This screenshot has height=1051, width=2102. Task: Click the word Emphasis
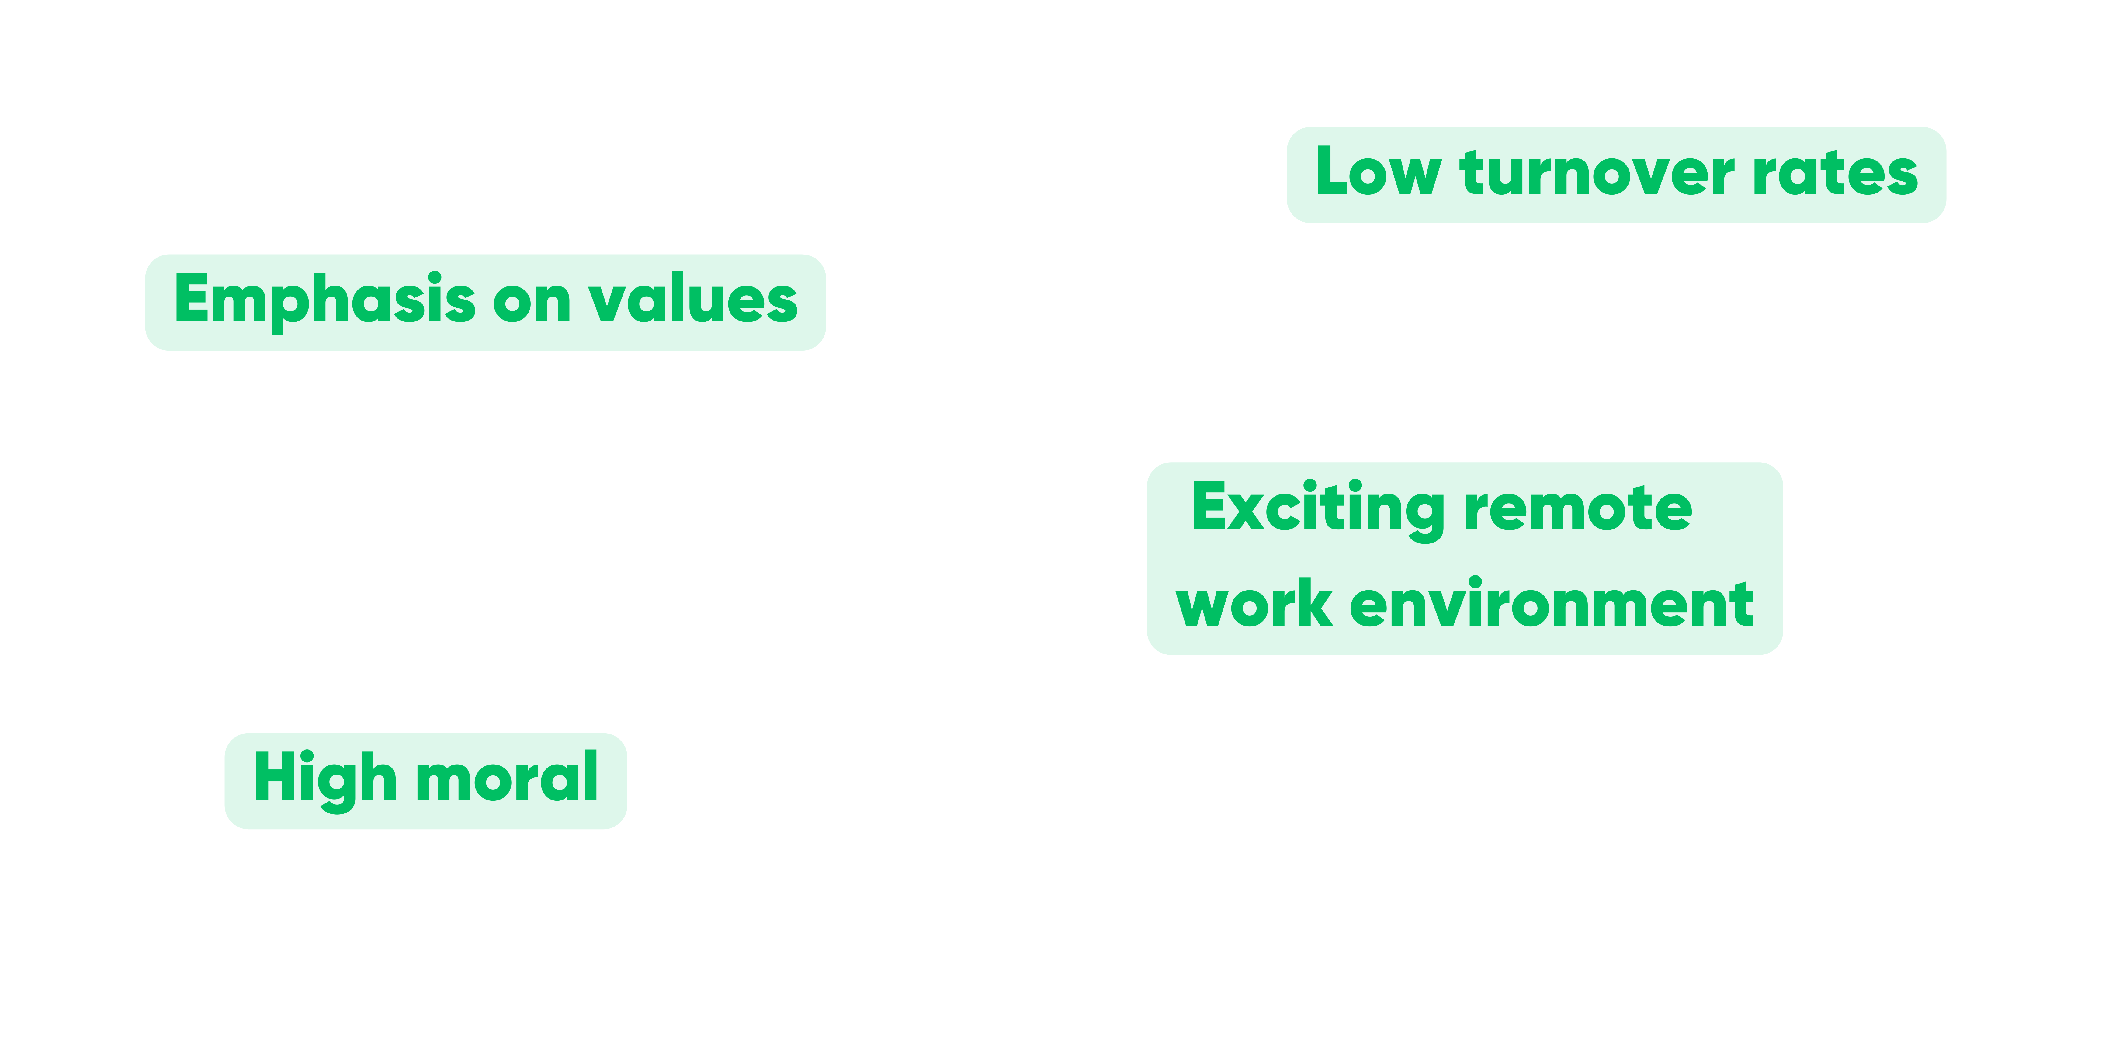325,300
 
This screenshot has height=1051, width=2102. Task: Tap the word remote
1578,509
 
